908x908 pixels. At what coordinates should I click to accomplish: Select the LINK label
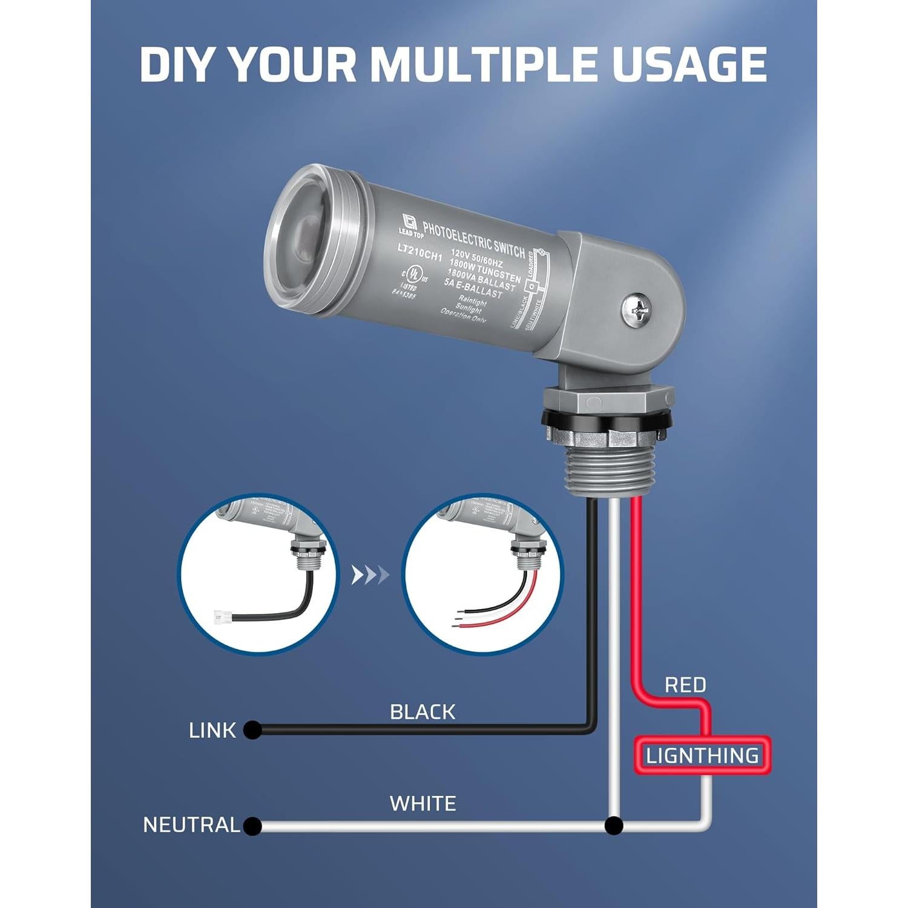(x=212, y=731)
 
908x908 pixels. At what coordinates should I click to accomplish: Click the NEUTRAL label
(x=191, y=825)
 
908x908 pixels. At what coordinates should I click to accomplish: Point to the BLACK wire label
(x=423, y=712)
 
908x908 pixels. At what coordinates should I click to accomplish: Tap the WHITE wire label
(x=423, y=804)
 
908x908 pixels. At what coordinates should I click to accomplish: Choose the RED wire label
(x=685, y=685)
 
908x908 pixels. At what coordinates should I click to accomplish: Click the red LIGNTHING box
(x=702, y=755)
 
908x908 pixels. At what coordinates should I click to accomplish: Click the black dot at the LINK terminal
(x=252, y=730)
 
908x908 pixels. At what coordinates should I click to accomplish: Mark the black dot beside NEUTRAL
(x=252, y=826)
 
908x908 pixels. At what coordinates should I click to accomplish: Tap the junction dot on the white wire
(x=614, y=826)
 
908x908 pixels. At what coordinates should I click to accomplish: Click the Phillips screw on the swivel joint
(x=634, y=311)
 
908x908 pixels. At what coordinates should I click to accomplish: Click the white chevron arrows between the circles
(x=370, y=574)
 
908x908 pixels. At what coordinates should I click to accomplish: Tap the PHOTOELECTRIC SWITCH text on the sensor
(x=473, y=240)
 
